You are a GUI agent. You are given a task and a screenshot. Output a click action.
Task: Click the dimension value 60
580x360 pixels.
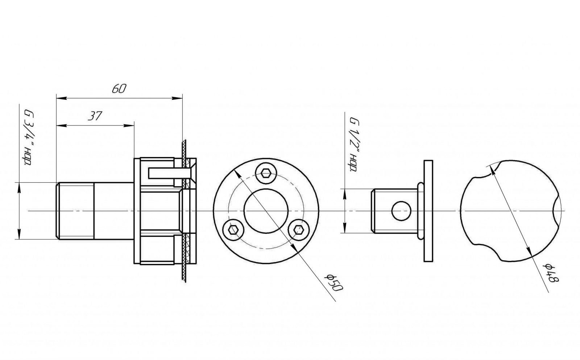click(x=119, y=89)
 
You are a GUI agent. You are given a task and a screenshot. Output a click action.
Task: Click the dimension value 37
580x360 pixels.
click(x=95, y=116)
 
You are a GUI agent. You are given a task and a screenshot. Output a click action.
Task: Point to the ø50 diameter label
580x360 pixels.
click(x=334, y=282)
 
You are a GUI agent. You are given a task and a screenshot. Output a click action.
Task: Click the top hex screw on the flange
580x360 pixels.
click(x=266, y=173)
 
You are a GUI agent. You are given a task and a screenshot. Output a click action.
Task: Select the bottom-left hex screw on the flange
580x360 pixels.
click(x=233, y=230)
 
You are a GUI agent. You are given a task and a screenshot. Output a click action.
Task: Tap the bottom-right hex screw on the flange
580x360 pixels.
click(x=299, y=230)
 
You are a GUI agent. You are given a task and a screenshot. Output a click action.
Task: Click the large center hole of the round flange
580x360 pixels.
click(x=266, y=211)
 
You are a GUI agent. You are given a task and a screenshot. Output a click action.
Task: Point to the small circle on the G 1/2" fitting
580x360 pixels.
click(x=401, y=211)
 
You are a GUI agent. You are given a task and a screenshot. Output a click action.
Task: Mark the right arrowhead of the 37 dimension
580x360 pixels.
click(x=129, y=125)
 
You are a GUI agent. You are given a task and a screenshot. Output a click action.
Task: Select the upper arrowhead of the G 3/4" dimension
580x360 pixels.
click(x=19, y=188)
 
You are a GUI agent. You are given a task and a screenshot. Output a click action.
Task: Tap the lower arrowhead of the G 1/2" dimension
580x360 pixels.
click(x=345, y=228)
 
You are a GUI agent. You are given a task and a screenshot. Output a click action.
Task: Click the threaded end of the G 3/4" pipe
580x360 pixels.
click(x=75, y=211)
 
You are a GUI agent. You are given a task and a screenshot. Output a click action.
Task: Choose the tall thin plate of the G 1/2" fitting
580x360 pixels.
click(x=428, y=211)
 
